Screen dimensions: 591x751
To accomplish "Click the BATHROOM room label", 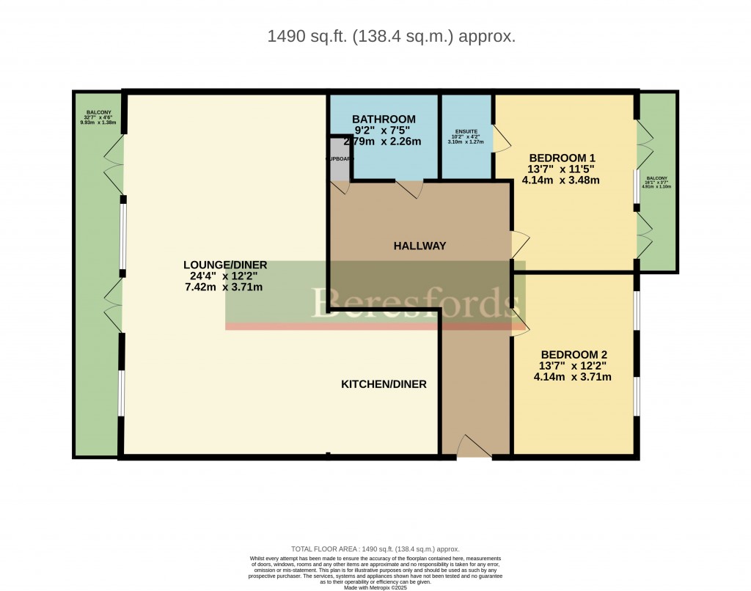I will pos(384,120).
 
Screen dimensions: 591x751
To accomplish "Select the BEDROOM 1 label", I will pos(562,158).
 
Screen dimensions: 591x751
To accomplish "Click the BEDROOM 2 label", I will pos(572,351).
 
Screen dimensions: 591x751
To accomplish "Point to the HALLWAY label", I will pos(419,246).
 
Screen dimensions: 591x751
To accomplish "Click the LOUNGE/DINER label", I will pos(225,265).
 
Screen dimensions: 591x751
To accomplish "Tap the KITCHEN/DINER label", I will pos(384,384).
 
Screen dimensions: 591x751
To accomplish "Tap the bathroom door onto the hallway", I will pos(409,190).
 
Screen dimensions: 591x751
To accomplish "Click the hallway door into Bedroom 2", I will pos(519,323).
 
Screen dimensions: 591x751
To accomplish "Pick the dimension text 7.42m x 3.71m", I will pos(225,287).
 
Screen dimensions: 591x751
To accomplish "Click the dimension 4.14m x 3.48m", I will pos(562,180).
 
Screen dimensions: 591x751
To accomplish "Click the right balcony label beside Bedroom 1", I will pos(657,183).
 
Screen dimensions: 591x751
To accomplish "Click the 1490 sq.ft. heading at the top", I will pos(392,36).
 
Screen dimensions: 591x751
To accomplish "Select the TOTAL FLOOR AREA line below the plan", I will pos(375,548).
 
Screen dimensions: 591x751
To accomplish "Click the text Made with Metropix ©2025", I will pos(375,587).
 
